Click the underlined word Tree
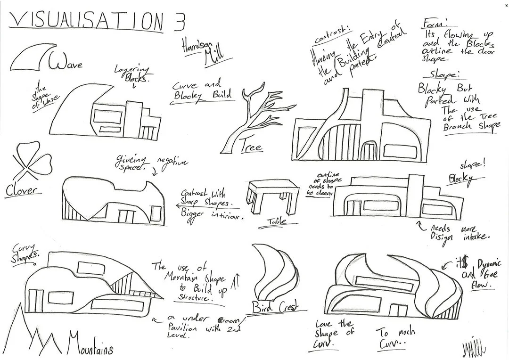[x=251, y=147]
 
